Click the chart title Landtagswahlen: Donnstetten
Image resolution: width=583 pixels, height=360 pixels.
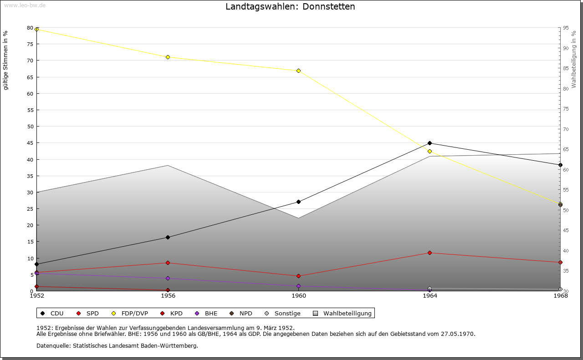290,7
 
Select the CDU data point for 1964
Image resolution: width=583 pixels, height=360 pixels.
430,143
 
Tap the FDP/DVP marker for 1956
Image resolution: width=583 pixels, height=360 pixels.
168,57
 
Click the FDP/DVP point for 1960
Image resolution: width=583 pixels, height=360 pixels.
298,71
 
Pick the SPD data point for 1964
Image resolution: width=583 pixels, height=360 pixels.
430,253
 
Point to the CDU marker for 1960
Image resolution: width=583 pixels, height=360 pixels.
298,202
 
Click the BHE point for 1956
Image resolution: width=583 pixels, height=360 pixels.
168,278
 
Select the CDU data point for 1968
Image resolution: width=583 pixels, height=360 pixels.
560,165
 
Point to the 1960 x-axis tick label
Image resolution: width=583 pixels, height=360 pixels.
299,296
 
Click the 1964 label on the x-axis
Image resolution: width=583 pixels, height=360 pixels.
430,296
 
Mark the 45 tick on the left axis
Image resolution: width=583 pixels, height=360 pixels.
30,143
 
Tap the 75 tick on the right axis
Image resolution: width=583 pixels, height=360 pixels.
565,109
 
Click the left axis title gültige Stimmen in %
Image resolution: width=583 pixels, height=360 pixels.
5,61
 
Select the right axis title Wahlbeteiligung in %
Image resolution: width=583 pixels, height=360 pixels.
574,60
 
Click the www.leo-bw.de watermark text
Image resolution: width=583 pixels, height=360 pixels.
25,5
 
